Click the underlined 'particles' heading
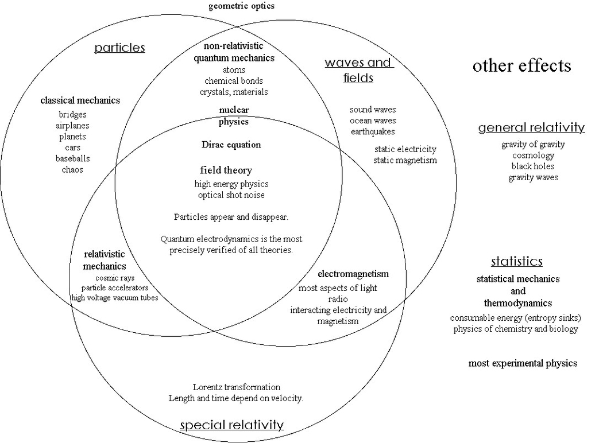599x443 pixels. pos(119,47)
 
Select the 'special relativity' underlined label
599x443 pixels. pos(231,425)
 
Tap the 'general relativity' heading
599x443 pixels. pos(531,127)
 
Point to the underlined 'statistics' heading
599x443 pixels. pos(516,262)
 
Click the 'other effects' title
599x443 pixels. pos(521,65)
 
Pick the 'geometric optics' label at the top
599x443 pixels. pos(241,6)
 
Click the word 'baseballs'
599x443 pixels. pos(72,158)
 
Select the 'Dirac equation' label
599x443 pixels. pos(231,145)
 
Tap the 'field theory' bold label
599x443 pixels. pos(226,170)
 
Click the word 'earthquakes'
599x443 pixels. pos(373,131)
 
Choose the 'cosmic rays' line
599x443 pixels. pos(115,278)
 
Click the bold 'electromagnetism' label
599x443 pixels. pos(353,274)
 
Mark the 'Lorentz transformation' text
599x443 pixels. pos(236,387)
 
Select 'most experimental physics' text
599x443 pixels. pos(523,363)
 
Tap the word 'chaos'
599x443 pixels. pos(72,169)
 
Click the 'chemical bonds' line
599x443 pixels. pos(234,81)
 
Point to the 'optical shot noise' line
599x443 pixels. pos(231,195)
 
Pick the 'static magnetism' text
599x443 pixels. pos(405,160)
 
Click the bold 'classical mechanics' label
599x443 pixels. pos(80,100)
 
